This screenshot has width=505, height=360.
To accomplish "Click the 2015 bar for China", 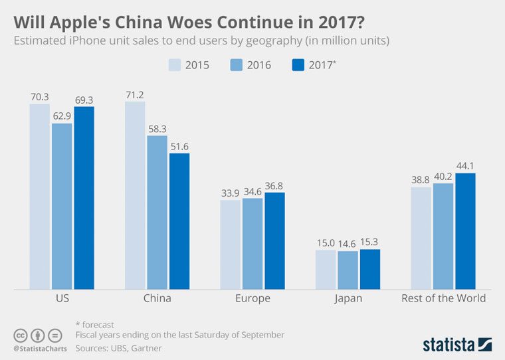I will tap(135, 195).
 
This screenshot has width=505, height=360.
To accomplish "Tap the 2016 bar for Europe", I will tap(252, 243).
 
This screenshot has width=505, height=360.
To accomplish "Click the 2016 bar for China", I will tap(157, 213).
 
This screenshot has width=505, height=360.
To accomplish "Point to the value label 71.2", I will tap(136, 94).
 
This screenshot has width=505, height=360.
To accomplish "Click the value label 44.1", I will tap(465, 166).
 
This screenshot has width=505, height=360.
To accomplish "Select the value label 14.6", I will tap(348, 243).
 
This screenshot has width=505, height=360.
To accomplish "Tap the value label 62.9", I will tap(62, 116).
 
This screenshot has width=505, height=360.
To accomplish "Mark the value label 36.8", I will tap(274, 185).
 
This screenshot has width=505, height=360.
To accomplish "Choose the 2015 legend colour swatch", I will tap(175, 65).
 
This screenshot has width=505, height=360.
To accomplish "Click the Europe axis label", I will tap(252, 298).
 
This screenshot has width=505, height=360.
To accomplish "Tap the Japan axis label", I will tap(348, 298).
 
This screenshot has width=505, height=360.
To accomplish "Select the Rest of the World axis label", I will tap(443, 298).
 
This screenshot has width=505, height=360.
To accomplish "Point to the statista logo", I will tap(457, 344).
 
